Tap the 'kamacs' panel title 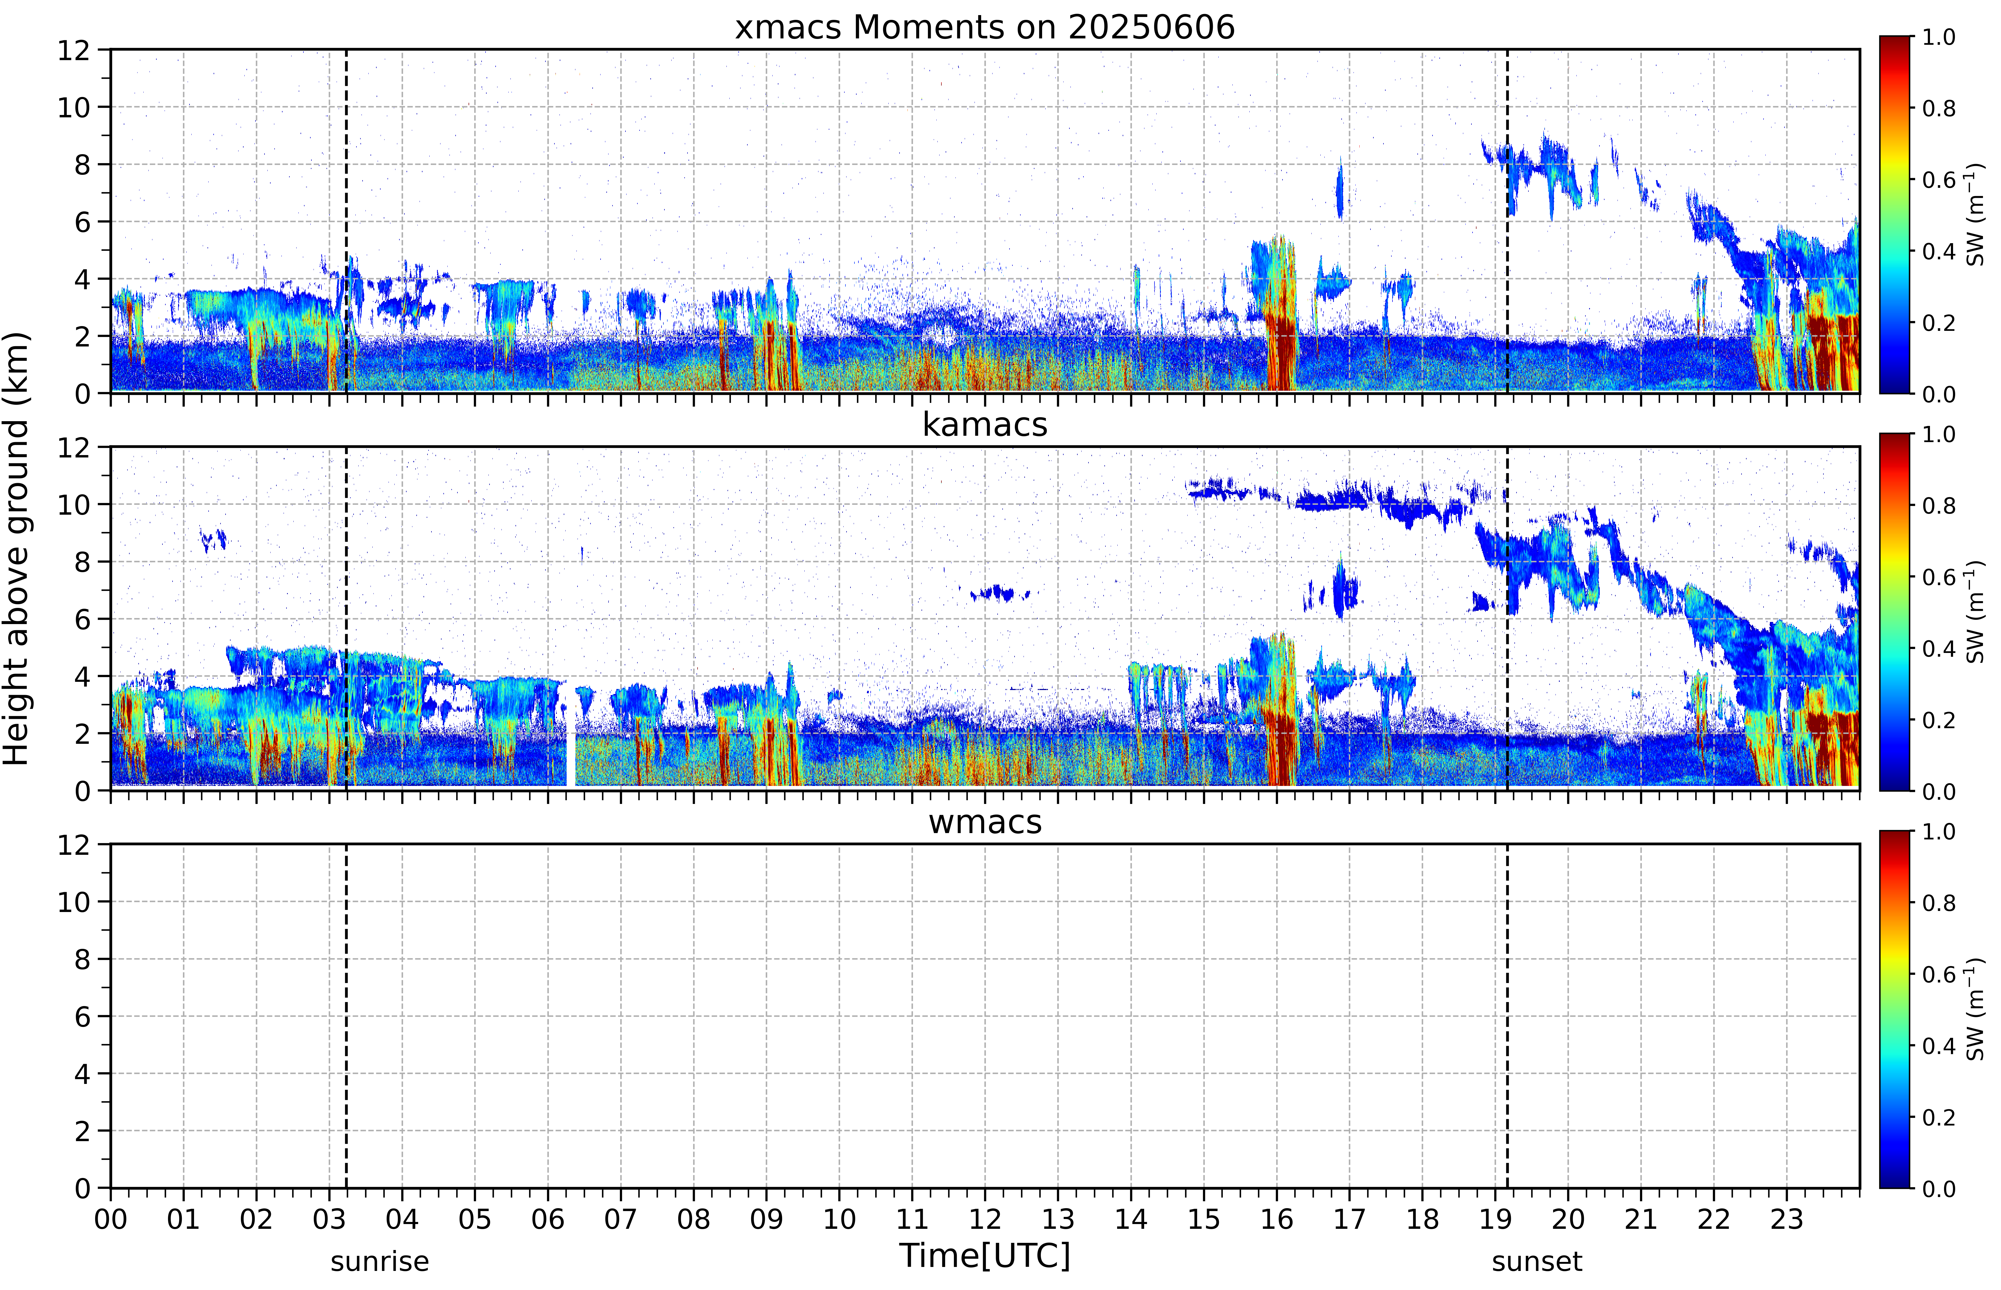pos(985,425)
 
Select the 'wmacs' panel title pos(985,822)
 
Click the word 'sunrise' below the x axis pos(380,1261)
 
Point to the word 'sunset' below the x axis pos(1537,1261)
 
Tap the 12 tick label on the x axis pos(985,1219)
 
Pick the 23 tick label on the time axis pos(1787,1219)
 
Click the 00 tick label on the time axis pos(111,1219)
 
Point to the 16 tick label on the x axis pos(1276,1219)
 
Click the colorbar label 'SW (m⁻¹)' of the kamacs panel pos(1975,612)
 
